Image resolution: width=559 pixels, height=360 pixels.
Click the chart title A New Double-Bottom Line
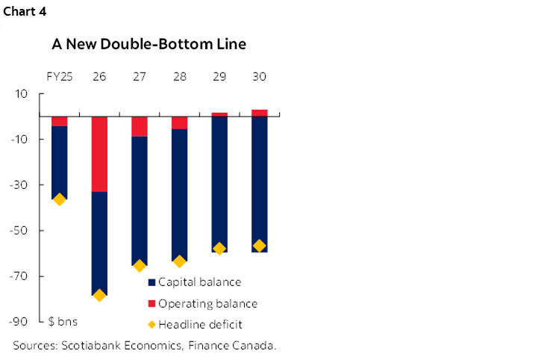click(x=149, y=44)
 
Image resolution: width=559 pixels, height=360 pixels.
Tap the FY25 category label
click(x=59, y=76)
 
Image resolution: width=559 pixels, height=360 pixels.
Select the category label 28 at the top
click(x=179, y=76)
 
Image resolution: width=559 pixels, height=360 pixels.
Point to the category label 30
click(x=259, y=76)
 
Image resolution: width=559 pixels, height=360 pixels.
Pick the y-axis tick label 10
click(x=21, y=94)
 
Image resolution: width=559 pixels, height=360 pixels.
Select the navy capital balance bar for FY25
click(x=59, y=162)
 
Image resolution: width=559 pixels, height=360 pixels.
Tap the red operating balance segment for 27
click(x=140, y=126)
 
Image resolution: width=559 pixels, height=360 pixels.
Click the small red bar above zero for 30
click(x=259, y=113)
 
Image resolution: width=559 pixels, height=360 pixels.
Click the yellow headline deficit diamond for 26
click(x=99, y=295)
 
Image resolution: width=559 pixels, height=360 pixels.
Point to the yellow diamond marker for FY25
click(x=59, y=199)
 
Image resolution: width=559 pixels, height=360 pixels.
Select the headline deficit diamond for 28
click(x=179, y=261)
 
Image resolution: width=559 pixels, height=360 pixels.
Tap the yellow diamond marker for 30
click(x=259, y=246)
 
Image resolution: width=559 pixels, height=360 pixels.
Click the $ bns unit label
click(x=63, y=322)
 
